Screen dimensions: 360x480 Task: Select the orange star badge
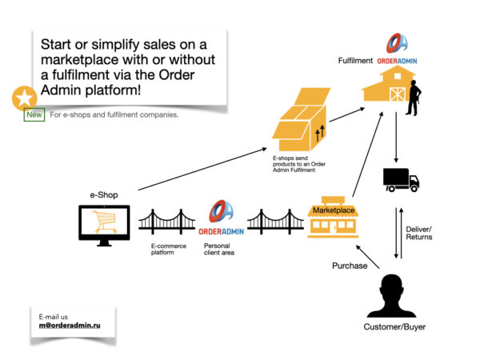24,98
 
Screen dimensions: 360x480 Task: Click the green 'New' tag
34,114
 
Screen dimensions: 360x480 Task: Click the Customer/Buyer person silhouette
391,296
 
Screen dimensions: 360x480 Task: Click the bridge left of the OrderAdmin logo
166,220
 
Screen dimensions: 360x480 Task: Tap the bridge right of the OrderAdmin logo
274,220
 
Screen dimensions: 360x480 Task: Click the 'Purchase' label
350,266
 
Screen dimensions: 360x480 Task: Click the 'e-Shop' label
104,194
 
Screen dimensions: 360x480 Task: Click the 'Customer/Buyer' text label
391,327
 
